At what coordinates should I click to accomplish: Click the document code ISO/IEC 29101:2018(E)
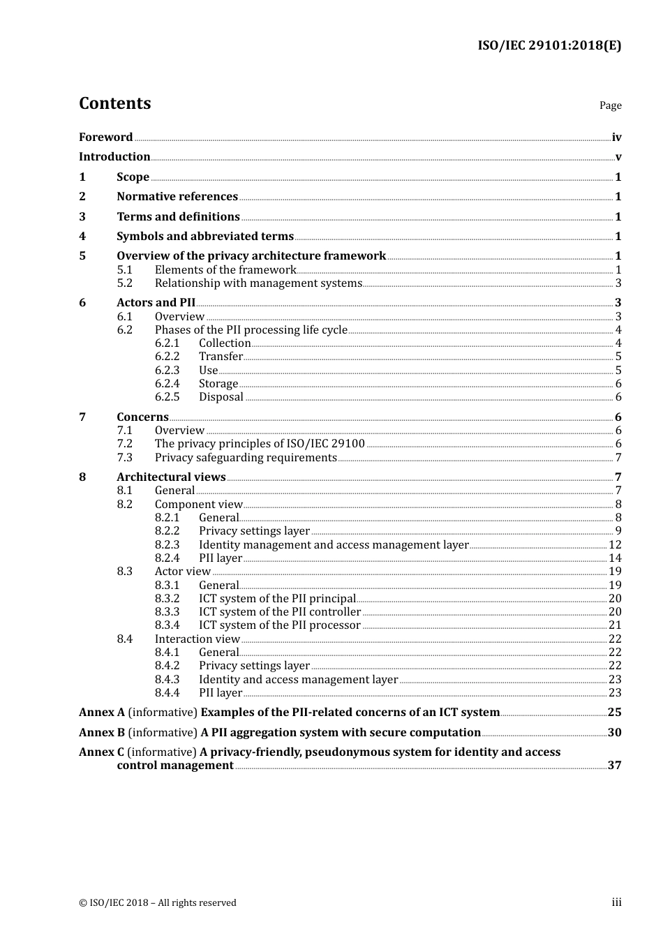549,46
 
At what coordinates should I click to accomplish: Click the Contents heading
114,103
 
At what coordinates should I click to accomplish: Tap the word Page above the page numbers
610,105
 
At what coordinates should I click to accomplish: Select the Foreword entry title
105,137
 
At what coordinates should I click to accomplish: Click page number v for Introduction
618,157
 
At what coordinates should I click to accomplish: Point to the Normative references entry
177,197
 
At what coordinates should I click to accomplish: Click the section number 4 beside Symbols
82,237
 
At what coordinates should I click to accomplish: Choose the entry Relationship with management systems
258,283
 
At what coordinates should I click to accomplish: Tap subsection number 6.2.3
167,371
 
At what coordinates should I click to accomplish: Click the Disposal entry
221,397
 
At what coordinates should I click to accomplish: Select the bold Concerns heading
142,417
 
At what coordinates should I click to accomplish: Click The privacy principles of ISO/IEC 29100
260,444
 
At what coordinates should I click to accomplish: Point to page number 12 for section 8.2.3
615,545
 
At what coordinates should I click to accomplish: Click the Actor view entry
182,572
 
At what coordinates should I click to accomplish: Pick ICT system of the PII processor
279,625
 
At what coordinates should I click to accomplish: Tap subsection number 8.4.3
167,680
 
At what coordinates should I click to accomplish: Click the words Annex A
102,713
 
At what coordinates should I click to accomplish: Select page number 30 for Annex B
614,733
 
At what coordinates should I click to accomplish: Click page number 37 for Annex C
614,766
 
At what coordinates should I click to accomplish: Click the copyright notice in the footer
158,903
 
